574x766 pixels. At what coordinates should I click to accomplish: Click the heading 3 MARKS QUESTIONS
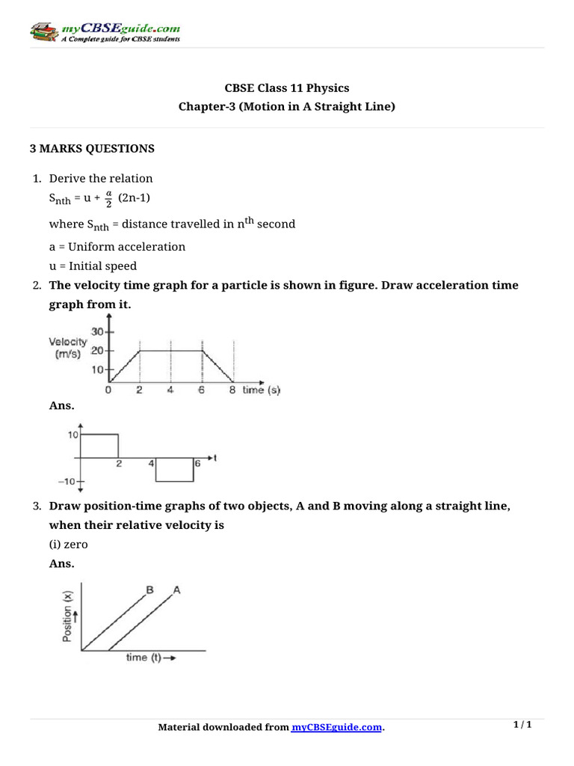91,149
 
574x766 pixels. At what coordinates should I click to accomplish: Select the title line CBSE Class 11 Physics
287,88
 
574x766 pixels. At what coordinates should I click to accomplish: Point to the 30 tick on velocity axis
97,332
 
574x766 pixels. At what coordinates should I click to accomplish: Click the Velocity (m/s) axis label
73,348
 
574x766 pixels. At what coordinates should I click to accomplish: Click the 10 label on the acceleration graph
73,434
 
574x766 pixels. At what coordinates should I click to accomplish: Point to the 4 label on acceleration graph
151,464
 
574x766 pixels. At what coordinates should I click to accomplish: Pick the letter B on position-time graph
149,589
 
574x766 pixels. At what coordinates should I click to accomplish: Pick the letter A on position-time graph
177,589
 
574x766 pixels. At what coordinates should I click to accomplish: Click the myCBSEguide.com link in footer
336,727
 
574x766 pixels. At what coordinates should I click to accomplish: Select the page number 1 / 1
522,725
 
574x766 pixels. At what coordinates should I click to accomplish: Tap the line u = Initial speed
93,266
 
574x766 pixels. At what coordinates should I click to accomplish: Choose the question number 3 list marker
36,506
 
